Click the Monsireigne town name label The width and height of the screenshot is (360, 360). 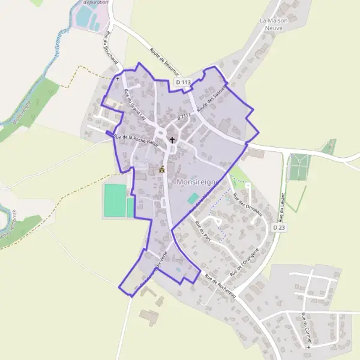[x=199, y=181]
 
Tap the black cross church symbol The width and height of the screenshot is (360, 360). [x=172, y=140]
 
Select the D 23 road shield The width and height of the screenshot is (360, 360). [x=278, y=228]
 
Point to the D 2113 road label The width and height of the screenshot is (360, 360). [x=187, y=115]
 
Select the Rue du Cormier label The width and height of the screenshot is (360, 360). [x=306, y=330]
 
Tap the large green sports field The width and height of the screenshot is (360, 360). [x=115, y=200]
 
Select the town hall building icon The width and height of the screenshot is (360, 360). [x=161, y=170]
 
